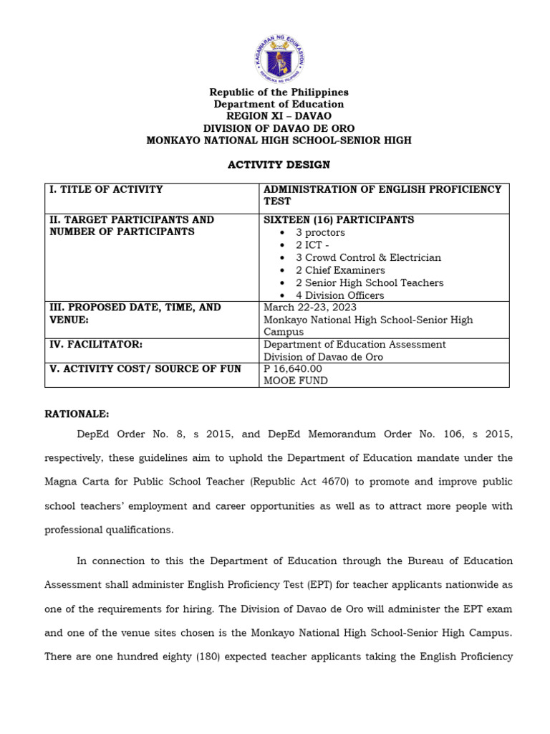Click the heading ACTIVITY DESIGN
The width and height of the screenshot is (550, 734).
279,165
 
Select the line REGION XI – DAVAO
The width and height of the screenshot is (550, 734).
279,116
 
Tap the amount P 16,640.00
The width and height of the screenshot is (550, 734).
293,368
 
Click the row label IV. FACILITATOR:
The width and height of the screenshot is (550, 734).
96,345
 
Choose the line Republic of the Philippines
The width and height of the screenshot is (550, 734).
279,92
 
